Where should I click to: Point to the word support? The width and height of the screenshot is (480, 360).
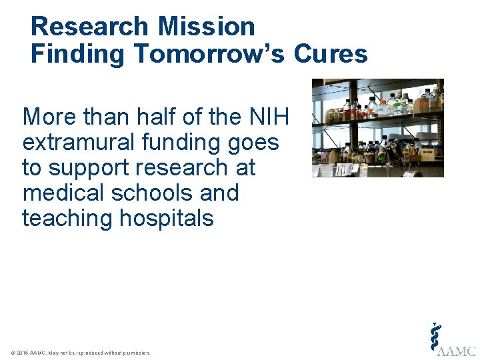click(x=91, y=168)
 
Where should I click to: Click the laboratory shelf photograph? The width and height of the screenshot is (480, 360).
click(x=377, y=127)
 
